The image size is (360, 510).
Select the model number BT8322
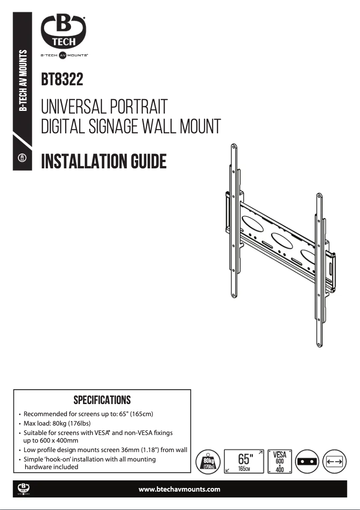62,80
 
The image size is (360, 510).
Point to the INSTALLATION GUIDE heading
104,161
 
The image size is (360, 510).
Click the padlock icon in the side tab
22,158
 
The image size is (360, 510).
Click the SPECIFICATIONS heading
102,400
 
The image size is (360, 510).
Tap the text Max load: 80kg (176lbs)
57,423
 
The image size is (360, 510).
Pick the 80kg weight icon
208,461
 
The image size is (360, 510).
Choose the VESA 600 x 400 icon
280,461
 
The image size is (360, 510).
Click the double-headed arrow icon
335,461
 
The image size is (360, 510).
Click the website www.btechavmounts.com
180,489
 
